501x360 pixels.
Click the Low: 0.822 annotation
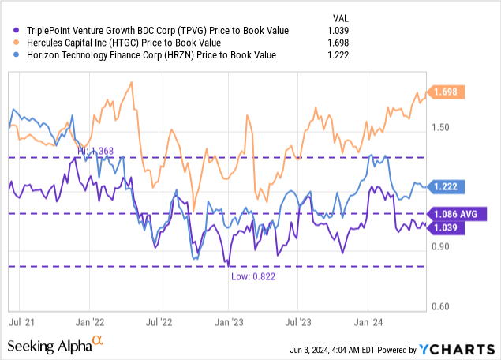tap(252, 276)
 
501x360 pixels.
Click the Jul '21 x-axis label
tap(22, 323)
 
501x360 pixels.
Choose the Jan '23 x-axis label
tap(229, 323)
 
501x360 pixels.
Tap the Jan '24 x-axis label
tap(367, 323)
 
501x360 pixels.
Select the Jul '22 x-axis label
tap(160, 323)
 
